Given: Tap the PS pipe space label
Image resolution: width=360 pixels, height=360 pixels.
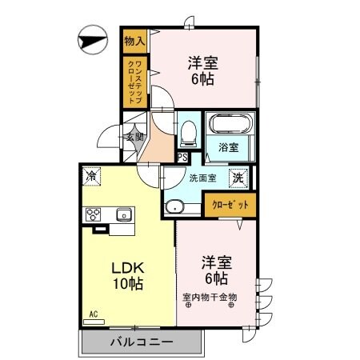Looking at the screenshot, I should click(x=182, y=157).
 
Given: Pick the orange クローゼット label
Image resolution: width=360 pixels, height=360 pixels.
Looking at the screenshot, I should click(x=230, y=206).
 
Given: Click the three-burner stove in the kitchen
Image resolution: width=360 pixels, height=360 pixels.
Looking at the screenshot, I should click(x=94, y=214).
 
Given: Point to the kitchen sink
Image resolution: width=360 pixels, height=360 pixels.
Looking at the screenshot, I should click(x=124, y=214).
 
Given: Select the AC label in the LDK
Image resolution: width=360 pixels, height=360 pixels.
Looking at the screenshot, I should click(x=93, y=314).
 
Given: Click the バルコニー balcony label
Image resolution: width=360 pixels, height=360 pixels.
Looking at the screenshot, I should click(x=140, y=342).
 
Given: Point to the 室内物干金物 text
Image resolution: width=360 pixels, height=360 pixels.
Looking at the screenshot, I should click(x=210, y=298).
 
